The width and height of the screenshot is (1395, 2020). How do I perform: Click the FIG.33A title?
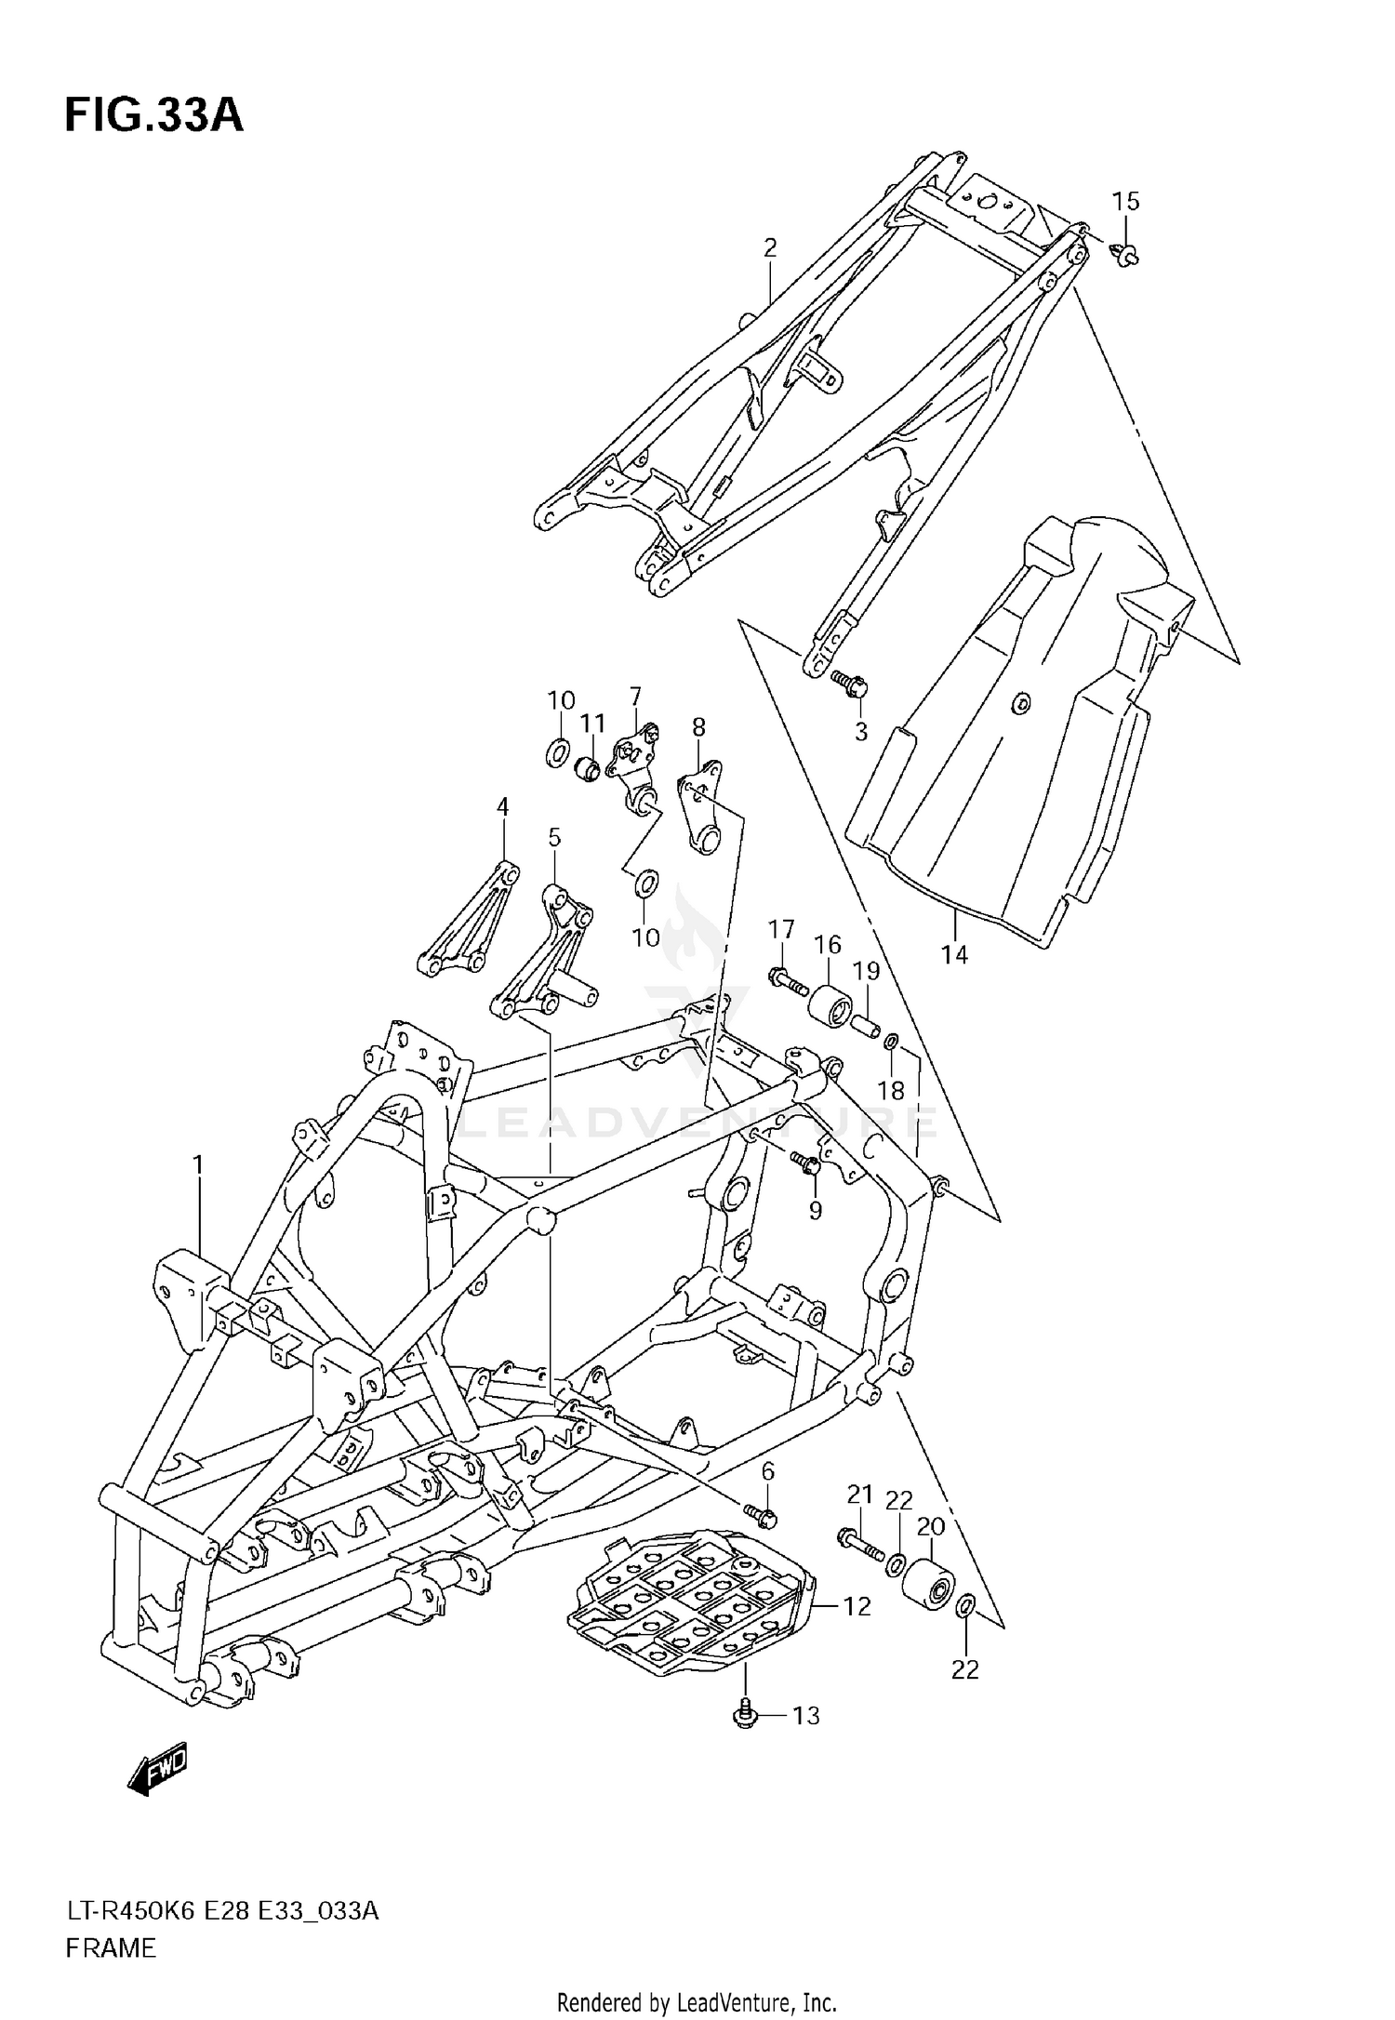(153, 117)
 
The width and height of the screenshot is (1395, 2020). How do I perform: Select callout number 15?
(1125, 202)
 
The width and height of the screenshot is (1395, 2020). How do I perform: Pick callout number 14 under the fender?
(954, 954)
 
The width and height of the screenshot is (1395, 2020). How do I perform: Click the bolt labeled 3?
(850, 684)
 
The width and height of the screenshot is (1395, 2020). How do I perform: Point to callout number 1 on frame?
(197, 1164)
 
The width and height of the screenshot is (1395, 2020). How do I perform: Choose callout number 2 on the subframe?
(770, 248)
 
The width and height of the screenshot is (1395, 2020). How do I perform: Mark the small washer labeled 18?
(889, 1041)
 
